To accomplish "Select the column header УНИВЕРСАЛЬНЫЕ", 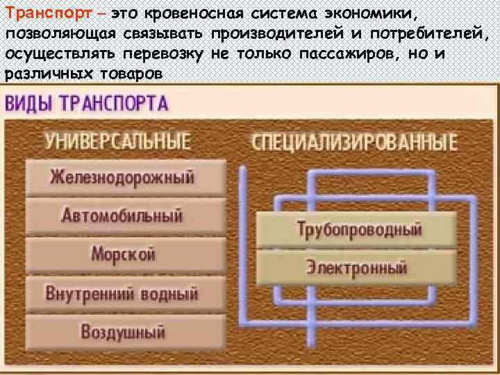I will (x=118, y=142).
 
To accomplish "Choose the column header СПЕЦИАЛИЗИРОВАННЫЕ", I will (x=354, y=143).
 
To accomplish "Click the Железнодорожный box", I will (x=125, y=177).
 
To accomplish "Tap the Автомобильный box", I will (x=125, y=215).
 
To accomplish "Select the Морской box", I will (x=125, y=253).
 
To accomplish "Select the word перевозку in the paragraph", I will (x=165, y=53).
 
